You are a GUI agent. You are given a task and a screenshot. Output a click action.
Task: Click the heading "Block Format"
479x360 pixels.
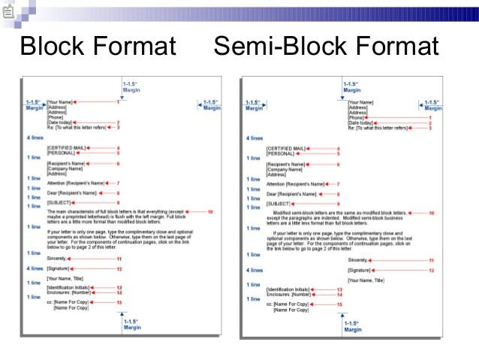pyautogui.click(x=98, y=47)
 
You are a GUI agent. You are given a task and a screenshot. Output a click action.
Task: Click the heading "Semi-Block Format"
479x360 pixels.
pyautogui.click(x=326, y=47)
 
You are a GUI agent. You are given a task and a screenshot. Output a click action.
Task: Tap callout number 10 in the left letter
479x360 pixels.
pyautogui.click(x=210, y=213)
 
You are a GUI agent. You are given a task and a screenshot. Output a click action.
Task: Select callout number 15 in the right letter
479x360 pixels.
pyautogui.click(x=339, y=304)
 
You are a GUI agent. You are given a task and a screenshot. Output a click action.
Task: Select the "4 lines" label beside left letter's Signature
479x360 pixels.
pyautogui.click(x=35, y=268)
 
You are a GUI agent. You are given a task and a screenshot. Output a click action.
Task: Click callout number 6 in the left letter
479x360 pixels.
pyautogui.click(x=118, y=163)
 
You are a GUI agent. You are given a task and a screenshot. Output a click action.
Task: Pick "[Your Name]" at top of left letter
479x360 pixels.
pyautogui.click(x=60, y=101)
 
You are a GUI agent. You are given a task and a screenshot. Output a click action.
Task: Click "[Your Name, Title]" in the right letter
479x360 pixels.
pyautogui.click(x=367, y=280)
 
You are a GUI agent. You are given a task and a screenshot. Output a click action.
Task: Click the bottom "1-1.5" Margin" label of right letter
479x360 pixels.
pyautogui.click(x=352, y=326)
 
